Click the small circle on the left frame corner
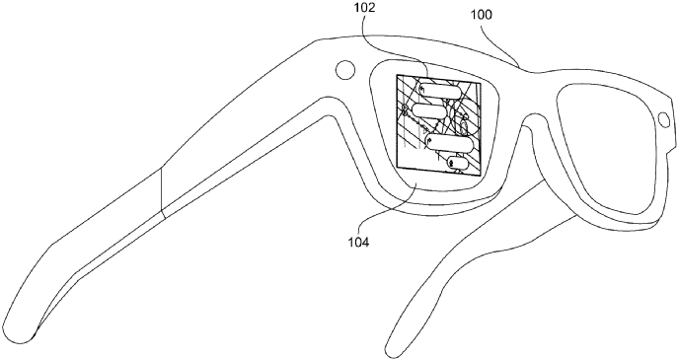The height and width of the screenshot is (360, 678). tap(345, 71)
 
